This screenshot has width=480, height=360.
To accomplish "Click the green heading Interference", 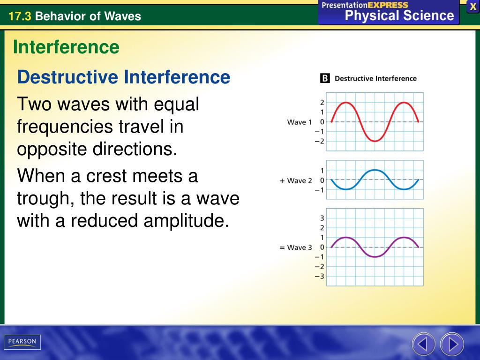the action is tap(66, 47).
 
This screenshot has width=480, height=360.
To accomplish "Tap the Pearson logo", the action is tap(22, 342).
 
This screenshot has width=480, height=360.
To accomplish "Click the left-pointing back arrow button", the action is tap(423, 344).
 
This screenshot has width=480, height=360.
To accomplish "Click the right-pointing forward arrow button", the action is tap(452, 344).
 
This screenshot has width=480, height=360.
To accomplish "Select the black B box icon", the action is tap(325, 78).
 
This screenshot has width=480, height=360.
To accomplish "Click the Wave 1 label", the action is tap(299, 122).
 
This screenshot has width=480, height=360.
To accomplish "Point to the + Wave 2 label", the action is tap(295, 180).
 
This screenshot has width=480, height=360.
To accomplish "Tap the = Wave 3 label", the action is tap(295, 247).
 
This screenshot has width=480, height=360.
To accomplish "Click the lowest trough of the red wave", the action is tap(375, 141).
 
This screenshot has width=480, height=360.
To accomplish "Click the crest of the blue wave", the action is tap(375, 170).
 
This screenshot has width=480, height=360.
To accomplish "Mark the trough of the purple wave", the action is tap(375, 256).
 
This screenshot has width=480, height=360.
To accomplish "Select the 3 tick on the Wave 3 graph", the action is tap(322, 218).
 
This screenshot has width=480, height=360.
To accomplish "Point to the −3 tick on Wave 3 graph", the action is tap(319, 276).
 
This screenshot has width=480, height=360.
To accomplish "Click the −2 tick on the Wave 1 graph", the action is tap(319, 141).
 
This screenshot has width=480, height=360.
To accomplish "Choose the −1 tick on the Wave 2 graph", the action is tap(319, 190).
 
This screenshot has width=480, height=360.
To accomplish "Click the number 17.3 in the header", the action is tap(20, 16).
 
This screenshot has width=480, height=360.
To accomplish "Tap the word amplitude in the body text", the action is tap(186, 221).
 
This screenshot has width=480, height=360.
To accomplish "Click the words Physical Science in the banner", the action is tap(399, 15).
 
